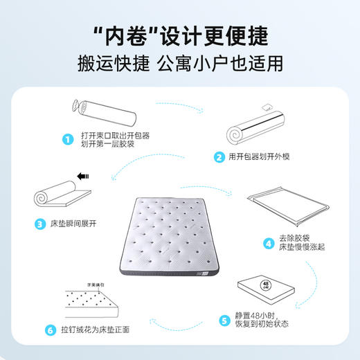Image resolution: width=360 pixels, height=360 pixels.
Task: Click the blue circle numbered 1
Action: pyautogui.click(x=68, y=139)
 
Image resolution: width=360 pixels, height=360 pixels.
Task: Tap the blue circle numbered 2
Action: pyautogui.click(x=219, y=156)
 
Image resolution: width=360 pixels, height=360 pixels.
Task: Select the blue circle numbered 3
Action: pyautogui.click(x=39, y=224)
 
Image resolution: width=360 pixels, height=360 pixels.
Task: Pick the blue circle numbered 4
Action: pyautogui.click(x=267, y=243)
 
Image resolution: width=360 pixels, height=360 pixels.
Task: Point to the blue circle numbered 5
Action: pyautogui.click(x=224, y=319)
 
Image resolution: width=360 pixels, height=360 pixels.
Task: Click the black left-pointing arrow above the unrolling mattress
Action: pyautogui.click(x=84, y=177)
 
